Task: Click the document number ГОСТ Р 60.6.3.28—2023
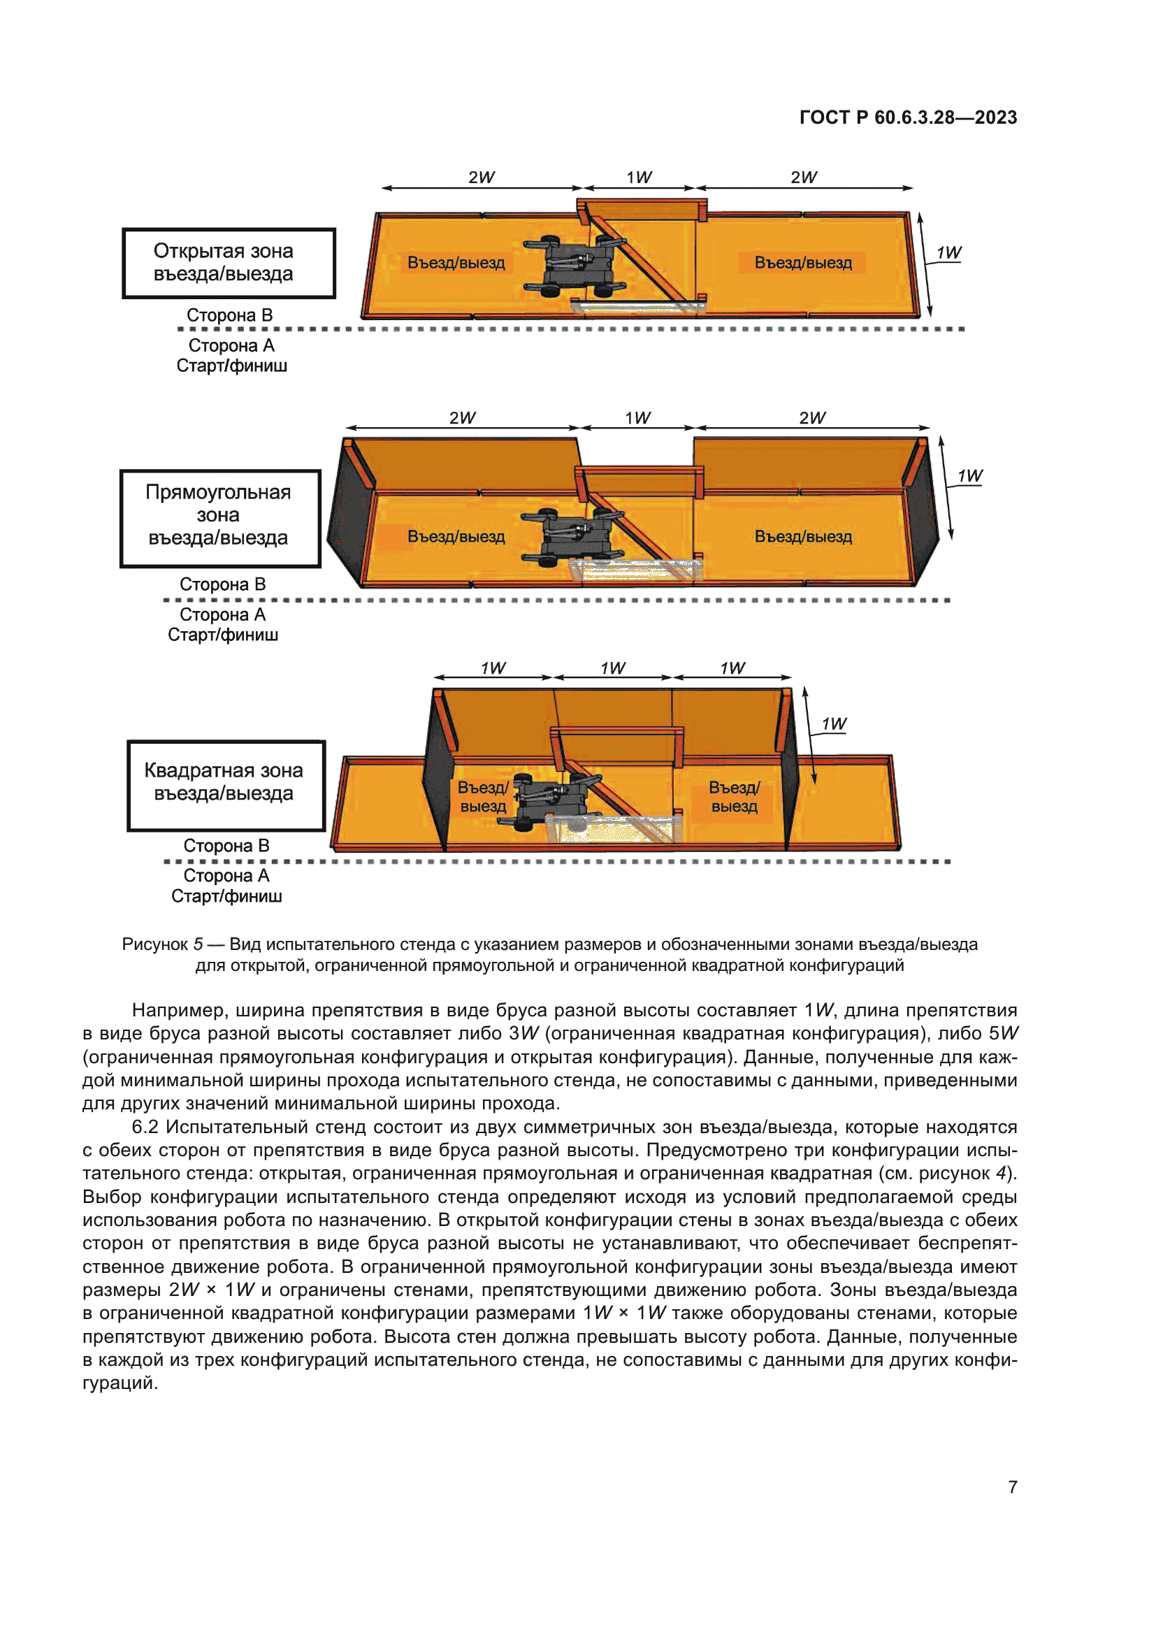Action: [x=908, y=117]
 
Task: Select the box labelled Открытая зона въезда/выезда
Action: [x=229, y=263]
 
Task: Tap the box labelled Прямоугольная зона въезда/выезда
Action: [x=220, y=518]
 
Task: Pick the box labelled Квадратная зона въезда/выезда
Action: [x=226, y=785]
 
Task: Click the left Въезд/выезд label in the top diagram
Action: [x=456, y=263]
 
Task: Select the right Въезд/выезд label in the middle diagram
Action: [x=803, y=536]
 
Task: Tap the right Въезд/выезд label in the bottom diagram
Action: [x=734, y=797]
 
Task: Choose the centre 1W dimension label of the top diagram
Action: [x=639, y=178]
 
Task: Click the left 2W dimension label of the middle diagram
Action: [x=462, y=418]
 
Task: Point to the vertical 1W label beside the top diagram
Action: [x=948, y=253]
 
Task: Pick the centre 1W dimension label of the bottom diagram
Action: [x=612, y=668]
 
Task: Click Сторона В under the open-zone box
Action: [x=229, y=315]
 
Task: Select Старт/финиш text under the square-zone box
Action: [x=226, y=896]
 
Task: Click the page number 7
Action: [x=1012, y=1487]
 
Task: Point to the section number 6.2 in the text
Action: [x=145, y=1128]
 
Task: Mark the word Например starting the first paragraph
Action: [x=178, y=1011]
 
